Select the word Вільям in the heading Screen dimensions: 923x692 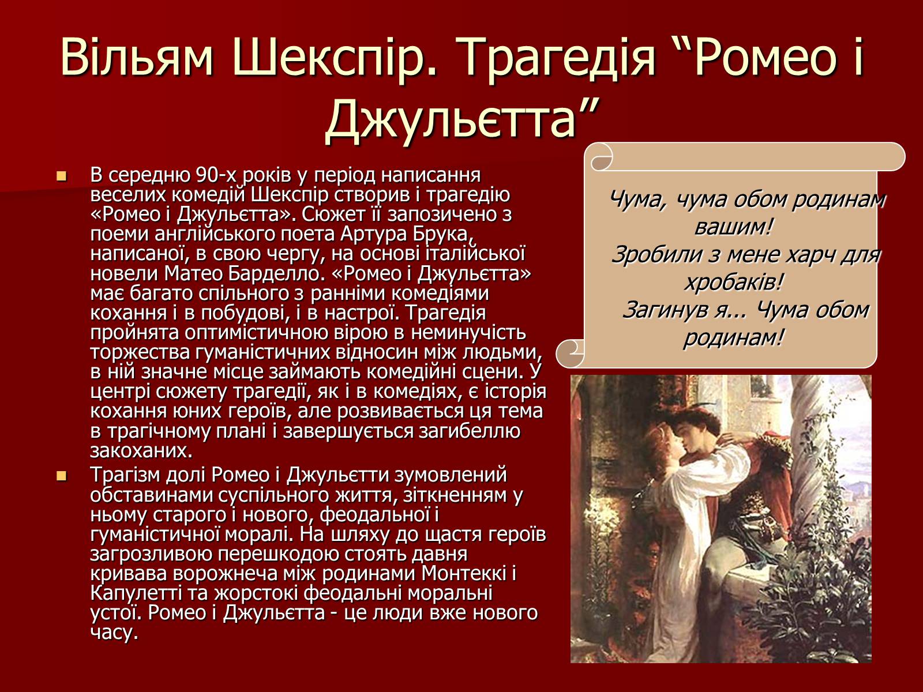click(x=137, y=57)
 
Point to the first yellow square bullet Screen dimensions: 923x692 click(x=62, y=176)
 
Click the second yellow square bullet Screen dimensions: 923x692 click(x=62, y=476)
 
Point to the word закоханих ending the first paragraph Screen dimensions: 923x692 click(x=141, y=451)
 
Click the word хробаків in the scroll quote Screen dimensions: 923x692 click(x=733, y=282)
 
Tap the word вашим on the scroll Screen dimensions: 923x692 click(x=733, y=227)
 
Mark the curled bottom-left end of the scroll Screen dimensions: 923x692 click(x=570, y=353)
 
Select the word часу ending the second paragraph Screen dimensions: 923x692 click(x=114, y=633)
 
